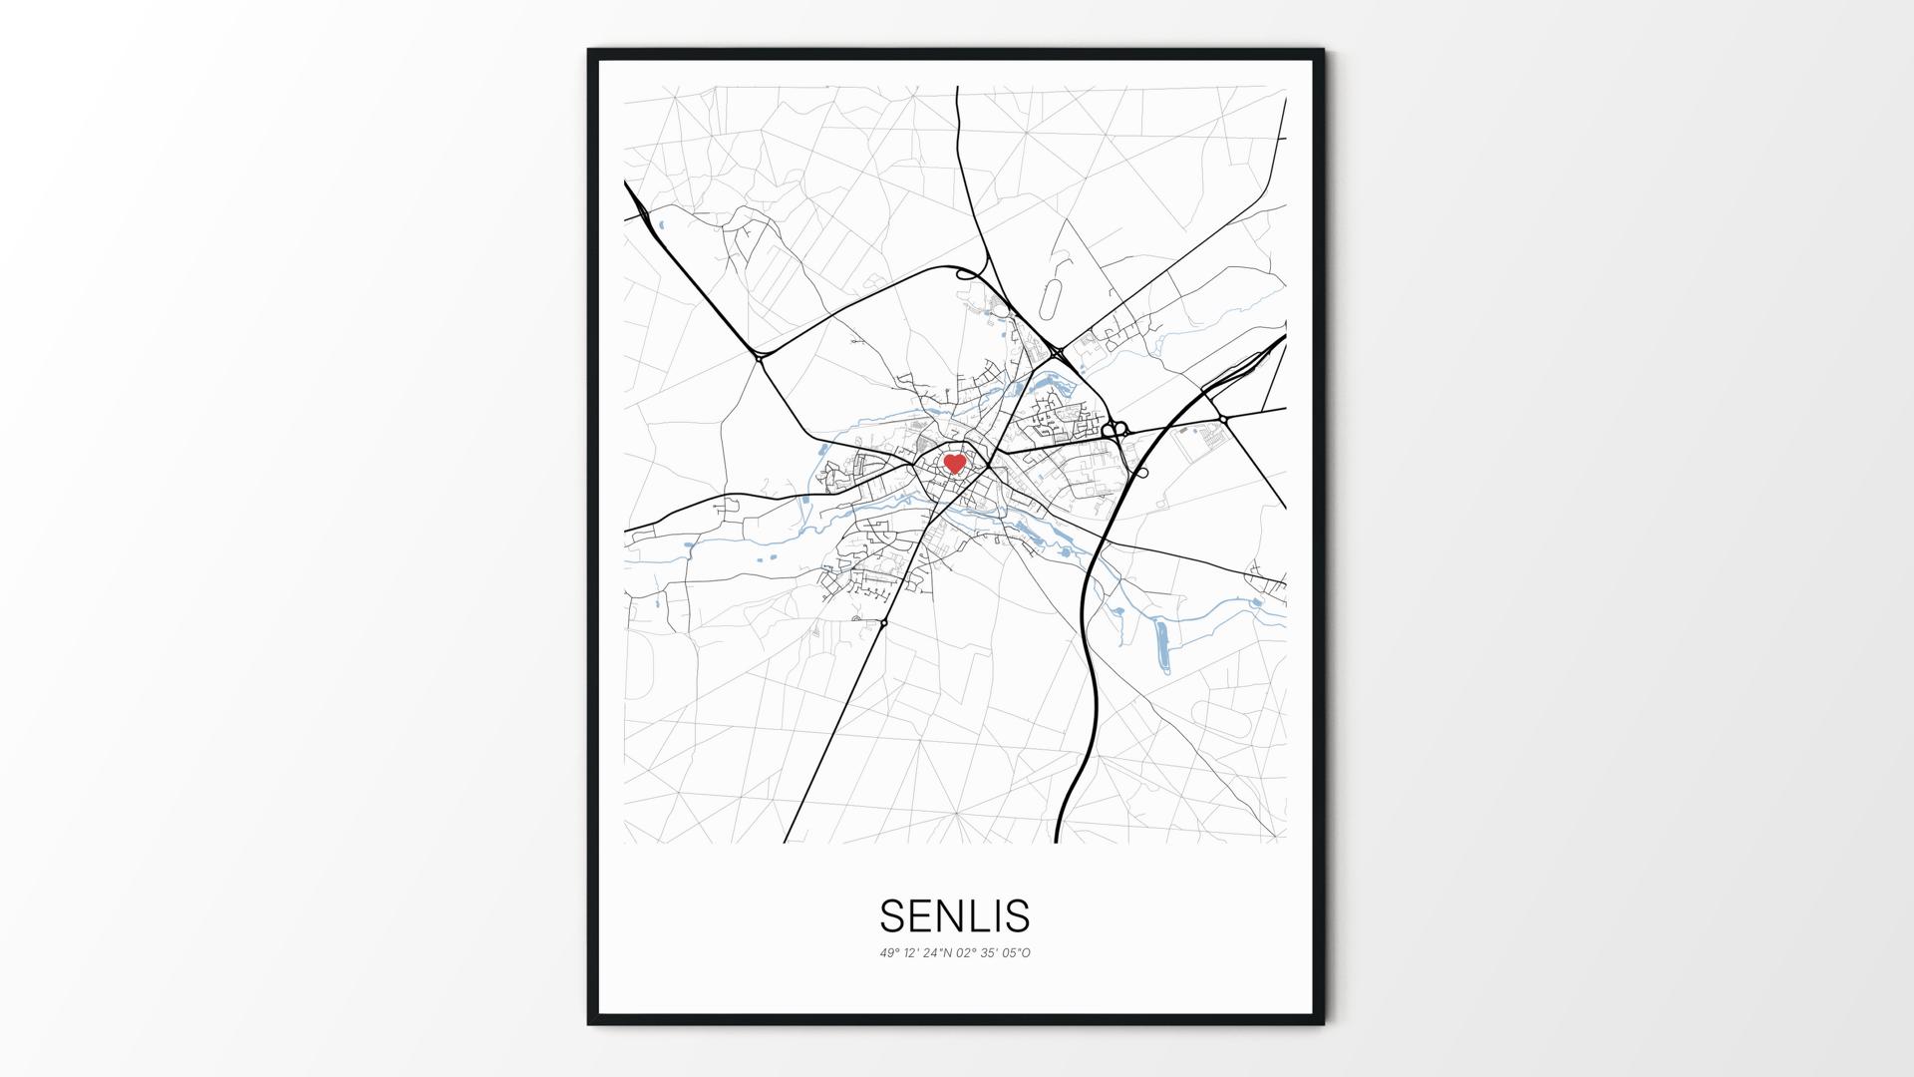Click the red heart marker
pos(954,464)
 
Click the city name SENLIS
pos(954,915)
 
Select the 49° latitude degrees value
pos(889,953)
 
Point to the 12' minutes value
pos(912,953)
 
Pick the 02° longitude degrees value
pos(966,953)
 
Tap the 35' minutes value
pos(989,953)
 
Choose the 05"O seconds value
pos(1016,953)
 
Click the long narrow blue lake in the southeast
pos(1162,647)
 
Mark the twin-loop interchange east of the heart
pos(1115,430)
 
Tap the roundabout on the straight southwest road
pos(884,623)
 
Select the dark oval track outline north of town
pos(1051,298)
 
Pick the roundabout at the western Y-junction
pos(760,356)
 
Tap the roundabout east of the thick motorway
pos(1223,420)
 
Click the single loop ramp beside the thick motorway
pos(1142,473)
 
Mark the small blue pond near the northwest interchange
pos(660,224)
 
